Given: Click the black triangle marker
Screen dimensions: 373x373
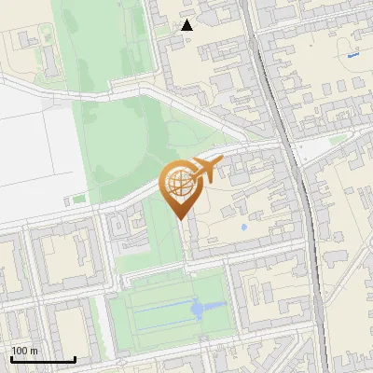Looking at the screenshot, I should [x=187, y=25].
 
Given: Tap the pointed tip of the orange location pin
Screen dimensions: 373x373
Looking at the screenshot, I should [x=180, y=219].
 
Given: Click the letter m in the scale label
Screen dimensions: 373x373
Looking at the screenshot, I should [x=34, y=351].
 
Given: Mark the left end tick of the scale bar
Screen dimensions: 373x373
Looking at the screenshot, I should [x=11, y=359].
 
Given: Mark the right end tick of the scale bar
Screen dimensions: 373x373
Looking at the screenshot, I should [x=75, y=359].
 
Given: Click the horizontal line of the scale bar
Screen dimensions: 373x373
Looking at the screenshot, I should [x=43, y=360].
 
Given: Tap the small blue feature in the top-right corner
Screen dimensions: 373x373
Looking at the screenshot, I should [x=352, y=56].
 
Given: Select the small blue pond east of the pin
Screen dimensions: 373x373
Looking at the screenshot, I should [x=243, y=226].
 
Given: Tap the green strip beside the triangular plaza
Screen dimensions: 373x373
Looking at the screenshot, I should [x=338, y=140].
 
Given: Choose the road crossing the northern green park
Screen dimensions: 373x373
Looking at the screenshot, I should [x=121, y=90].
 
